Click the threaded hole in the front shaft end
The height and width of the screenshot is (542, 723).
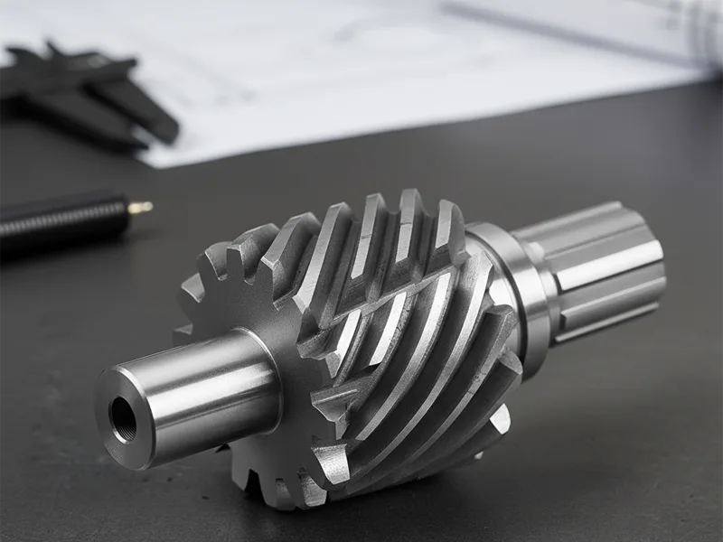point(123,417)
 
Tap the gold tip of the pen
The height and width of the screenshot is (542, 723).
point(140,208)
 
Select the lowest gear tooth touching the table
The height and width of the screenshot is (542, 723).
point(262,492)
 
